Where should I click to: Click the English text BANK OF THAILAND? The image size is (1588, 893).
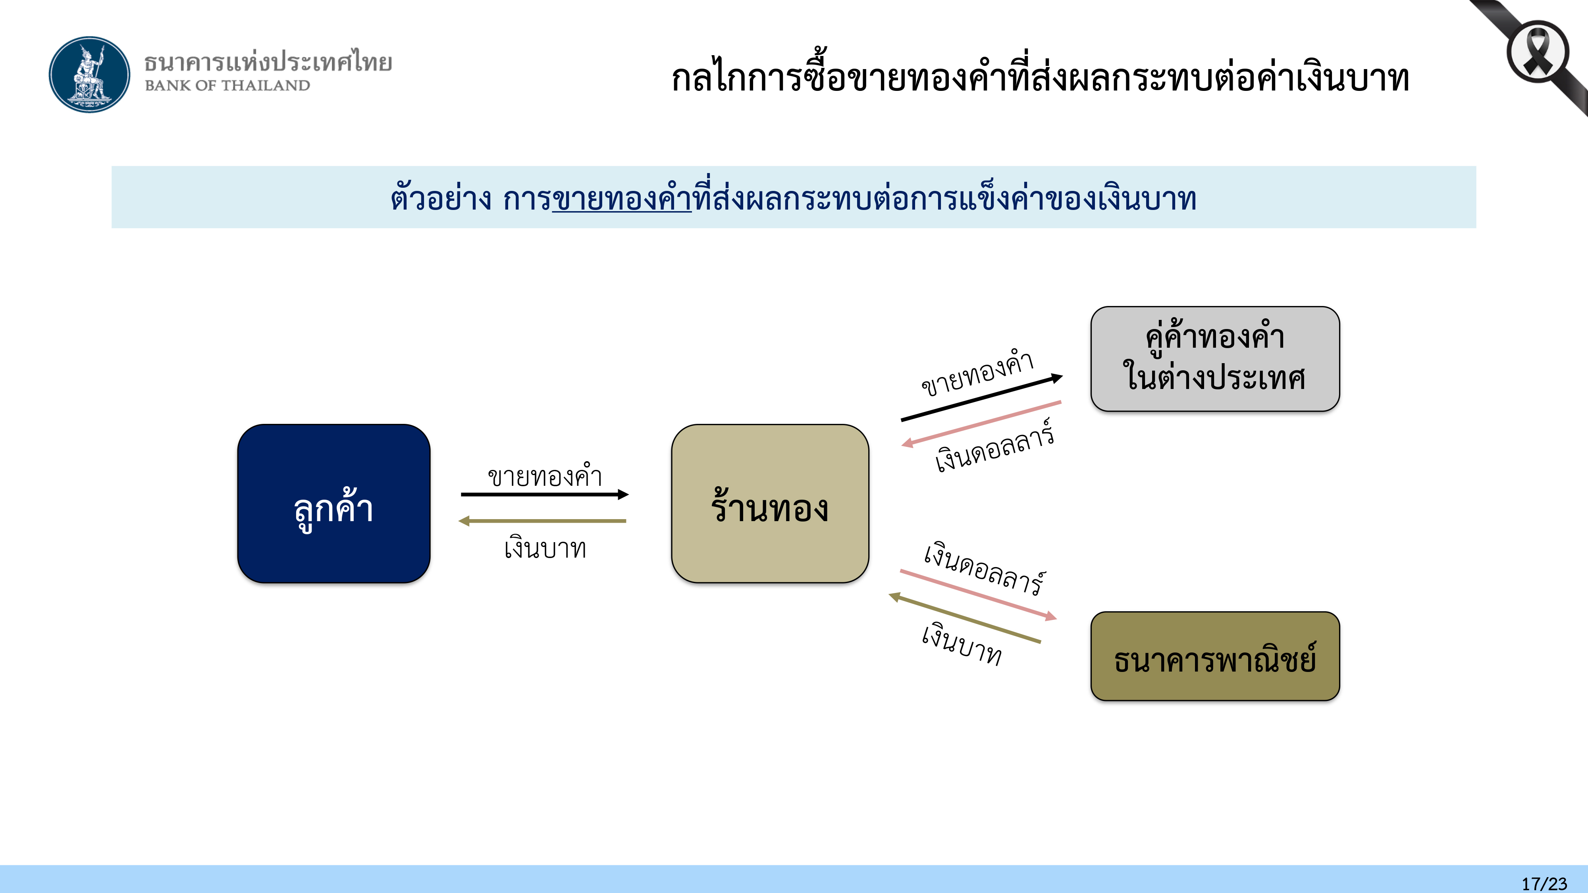click(227, 86)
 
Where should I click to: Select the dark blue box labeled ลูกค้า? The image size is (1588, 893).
click(333, 504)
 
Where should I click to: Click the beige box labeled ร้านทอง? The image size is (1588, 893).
click(770, 504)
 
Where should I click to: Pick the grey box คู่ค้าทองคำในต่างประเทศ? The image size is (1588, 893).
click(1214, 359)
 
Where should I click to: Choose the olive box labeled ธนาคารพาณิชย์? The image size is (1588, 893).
click(1214, 656)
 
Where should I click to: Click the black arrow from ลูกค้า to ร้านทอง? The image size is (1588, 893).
click(544, 494)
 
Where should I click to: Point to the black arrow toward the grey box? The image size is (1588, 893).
click(981, 398)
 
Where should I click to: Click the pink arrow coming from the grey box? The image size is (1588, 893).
click(981, 423)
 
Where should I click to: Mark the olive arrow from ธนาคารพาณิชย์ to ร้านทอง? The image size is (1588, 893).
click(965, 618)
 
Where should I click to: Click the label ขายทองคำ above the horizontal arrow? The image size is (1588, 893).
click(544, 476)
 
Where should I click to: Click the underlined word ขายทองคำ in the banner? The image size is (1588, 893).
click(621, 198)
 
